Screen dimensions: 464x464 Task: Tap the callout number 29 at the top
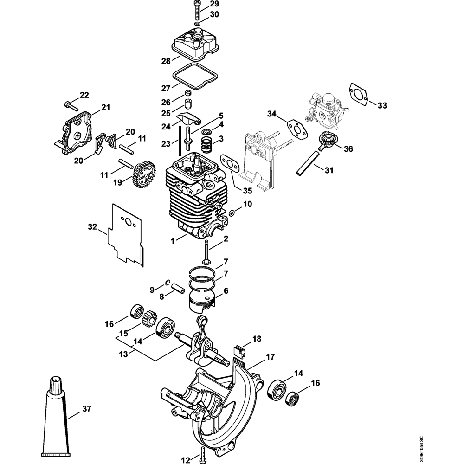click(x=214, y=4)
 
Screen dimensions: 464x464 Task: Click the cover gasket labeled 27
click(x=196, y=77)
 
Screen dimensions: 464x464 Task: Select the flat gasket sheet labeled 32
click(x=126, y=234)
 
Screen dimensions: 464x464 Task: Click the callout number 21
click(x=106, y=107)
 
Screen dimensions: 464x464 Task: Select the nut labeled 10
click(x=233, y=212)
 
